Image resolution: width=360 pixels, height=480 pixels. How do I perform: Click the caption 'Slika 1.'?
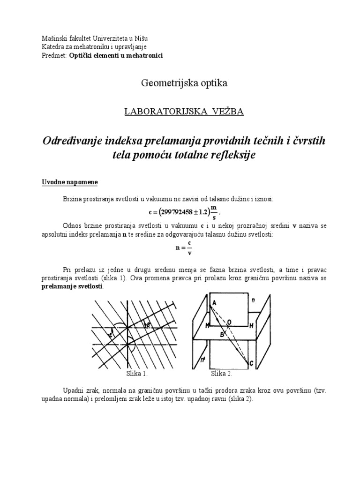(x=137, y=374)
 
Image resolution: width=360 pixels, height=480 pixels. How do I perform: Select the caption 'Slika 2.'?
(x=222, y=374)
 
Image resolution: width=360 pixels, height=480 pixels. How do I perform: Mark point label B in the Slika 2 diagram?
(x=222, y=334)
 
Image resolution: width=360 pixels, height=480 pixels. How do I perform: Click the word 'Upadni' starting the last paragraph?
(x=73, y=390)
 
